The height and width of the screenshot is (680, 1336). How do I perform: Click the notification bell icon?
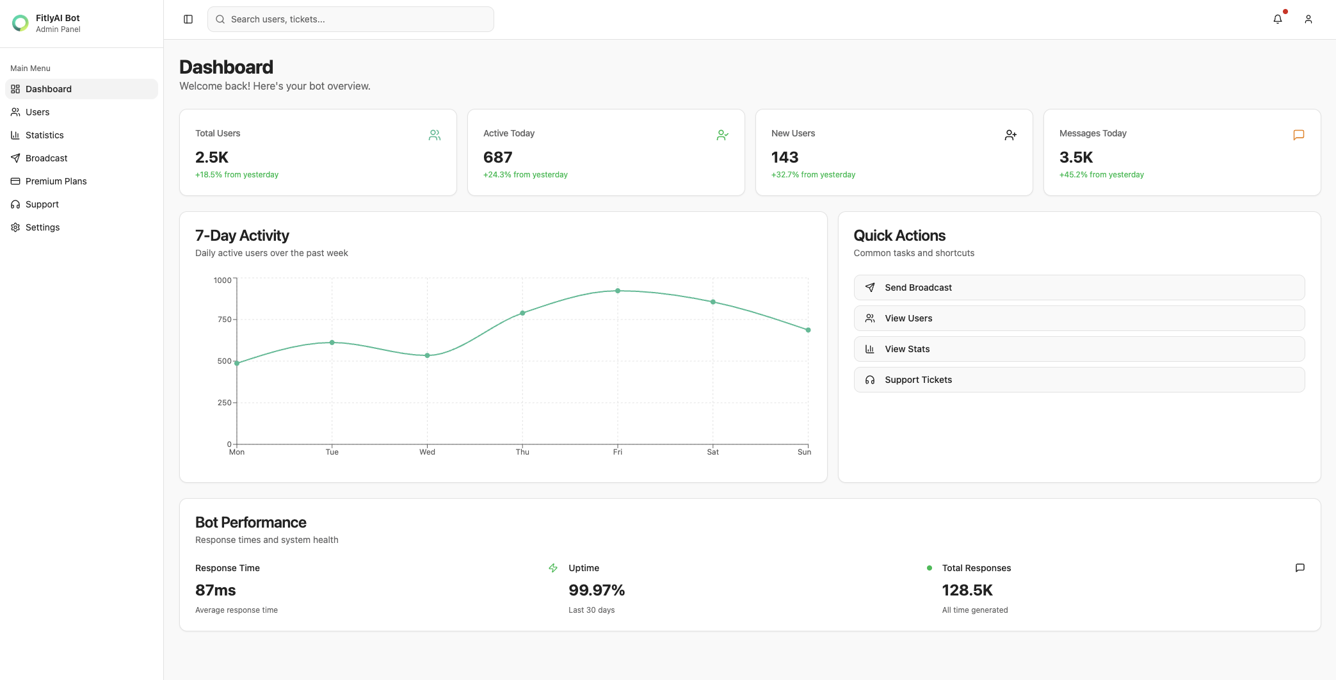coord(1277,19)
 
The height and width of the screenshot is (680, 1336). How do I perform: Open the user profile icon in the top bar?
coord(1308,19)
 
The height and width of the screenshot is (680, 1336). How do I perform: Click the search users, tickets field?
coord(351,19)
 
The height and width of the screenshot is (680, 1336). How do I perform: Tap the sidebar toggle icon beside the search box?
coord(188,19)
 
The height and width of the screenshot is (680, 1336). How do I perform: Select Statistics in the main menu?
coord(45,135)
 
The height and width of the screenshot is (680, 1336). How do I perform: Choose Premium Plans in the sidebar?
coord(56,181)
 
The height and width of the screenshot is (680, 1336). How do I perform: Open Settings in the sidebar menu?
coord(42,227)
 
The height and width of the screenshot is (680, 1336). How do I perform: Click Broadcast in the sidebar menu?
coord(46,158)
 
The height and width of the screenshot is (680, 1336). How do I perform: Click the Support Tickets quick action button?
coord(1079,380)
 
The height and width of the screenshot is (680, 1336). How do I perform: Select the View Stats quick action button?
coord(1079,349)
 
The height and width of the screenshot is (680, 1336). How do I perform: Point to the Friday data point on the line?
coord(618,291)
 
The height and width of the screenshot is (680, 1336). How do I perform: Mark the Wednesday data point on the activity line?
coord(427,355)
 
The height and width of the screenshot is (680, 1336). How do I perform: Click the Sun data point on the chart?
coord(808,330)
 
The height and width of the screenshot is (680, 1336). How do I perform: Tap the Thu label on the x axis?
coord(522,452)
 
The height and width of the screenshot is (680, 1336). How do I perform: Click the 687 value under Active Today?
coord(497,158)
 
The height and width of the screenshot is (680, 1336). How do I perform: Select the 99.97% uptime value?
coord(596,590)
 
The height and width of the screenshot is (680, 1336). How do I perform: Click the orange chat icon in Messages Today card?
coord(1298,135)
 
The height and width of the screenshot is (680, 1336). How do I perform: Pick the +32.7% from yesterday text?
coord(813,175)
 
